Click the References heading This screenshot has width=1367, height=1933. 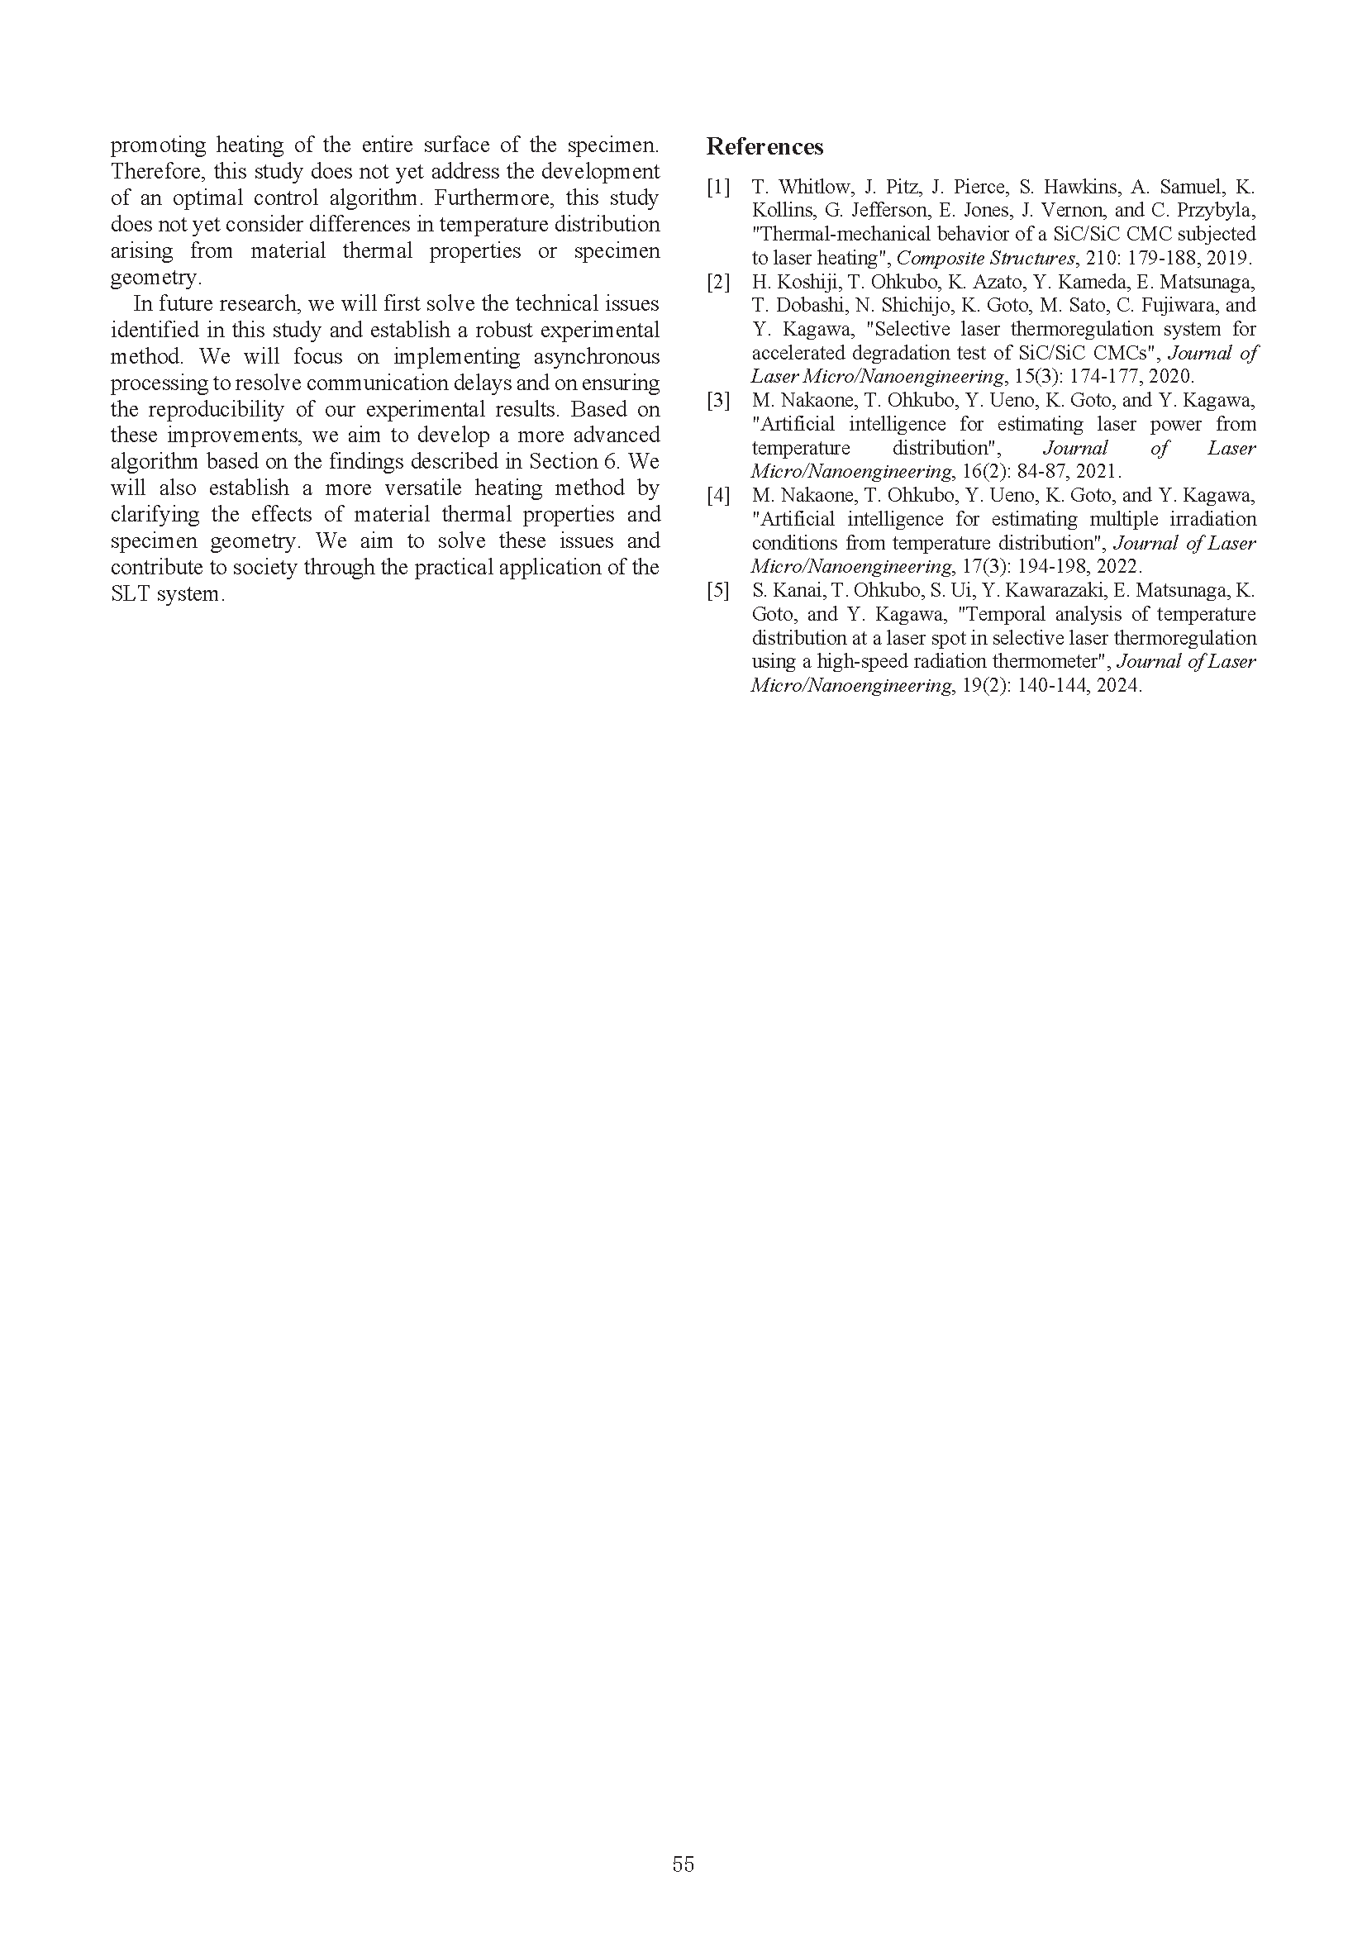(764, 146)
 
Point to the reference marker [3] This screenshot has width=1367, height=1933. (718, 400)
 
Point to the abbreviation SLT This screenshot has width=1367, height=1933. (130, 593)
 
